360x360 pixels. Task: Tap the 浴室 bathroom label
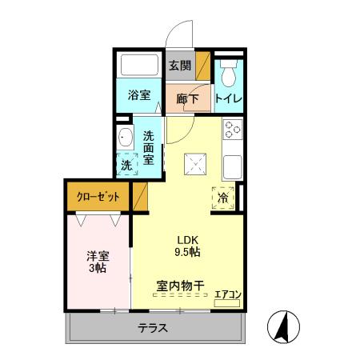pos(139,95)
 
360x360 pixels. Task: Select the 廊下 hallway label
pos(186,100)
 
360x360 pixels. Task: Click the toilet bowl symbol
pos(230,74)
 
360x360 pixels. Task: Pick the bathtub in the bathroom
pos(139,66)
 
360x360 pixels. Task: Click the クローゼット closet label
pos(98,196)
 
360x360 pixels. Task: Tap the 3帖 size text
pos(98,270)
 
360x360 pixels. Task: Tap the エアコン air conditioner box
pos(228,294)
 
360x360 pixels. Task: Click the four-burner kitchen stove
pos(232,130)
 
